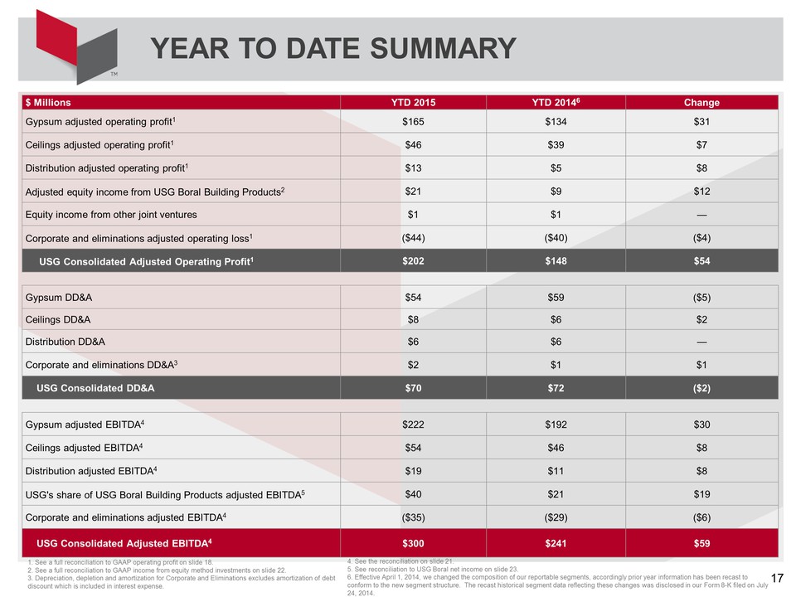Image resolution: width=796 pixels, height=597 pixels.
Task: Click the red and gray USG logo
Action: pyautogui.click(x=76, y=46)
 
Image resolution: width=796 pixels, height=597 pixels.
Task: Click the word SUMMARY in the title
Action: pyautogui.click(x=443, y=49)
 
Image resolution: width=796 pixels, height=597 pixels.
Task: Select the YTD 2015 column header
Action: pyautogui.click(x=413, y=103)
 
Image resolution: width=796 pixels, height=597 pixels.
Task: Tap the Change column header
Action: pyautogui.click(x=701, y=103)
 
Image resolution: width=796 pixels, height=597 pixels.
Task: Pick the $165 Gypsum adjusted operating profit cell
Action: pyautogui.click(x=413, y=122)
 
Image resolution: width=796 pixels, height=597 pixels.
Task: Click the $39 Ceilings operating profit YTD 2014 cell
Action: pyautogui.click(x=556, y=145)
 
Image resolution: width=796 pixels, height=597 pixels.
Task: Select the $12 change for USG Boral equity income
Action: pyautogui.click(x=701, y=192)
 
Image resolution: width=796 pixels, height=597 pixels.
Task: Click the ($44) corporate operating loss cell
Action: pyautogui.click(x=413, y=238)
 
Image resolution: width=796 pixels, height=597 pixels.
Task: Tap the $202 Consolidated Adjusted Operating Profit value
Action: pyautogui.click(x=413, y=261)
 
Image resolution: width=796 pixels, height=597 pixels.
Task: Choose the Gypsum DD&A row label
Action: pyautogui.click(x=59, y=298)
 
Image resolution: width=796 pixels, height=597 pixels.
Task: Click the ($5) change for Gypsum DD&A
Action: pyautogui.click(x=701, y=298)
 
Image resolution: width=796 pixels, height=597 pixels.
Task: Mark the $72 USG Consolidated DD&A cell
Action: pyautogui.click(x=556, y=388)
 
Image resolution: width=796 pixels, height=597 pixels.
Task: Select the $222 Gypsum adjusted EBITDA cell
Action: pyautogui.click(x=413, y=425)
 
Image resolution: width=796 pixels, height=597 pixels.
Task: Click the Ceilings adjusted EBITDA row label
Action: pyautogui.click(x=84, y=448)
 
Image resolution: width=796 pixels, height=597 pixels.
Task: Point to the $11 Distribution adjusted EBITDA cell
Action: pyautogui.click(x=556, y=471)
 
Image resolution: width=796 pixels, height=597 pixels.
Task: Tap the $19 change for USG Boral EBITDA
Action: pyautogui.click(x=701, y=494)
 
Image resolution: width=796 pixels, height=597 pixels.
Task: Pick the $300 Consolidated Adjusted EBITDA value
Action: pyautogui.click(x=413, y=543)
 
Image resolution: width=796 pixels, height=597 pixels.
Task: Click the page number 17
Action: pyautogui.click(x=777, y=578)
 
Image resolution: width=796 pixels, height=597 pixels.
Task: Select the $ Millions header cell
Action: pyautogui.click(x=48, y=103)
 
